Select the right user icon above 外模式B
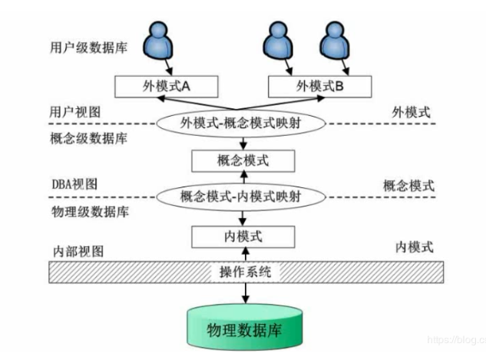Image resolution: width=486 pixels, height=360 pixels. point(334,39)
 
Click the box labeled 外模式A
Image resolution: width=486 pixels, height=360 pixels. point(164,86)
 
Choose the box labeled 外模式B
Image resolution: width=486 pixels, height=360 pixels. point(319,86)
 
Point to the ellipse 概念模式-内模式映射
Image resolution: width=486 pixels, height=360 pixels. point(243,196)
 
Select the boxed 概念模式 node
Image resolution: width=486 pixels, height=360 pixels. point(243,160)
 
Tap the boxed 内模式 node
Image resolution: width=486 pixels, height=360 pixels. point(243,235)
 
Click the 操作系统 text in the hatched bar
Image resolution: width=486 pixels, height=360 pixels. point(243,272)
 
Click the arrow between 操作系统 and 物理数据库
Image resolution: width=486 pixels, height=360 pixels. point(243,292)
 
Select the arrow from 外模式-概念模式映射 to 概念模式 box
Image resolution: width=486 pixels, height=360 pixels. point(243,141)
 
